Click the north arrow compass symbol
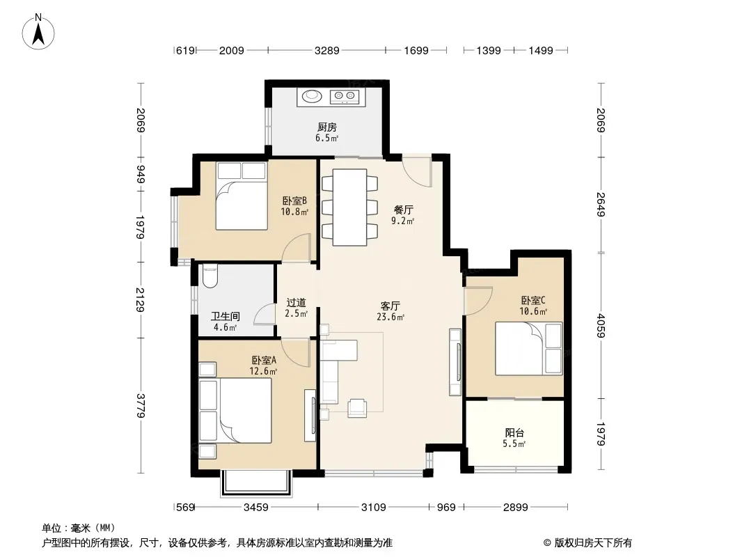point(38,32)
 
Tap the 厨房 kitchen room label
point(327,127)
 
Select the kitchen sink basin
point(312,96)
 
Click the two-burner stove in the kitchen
point(345,97)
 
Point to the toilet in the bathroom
point(210,276)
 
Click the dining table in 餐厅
point(349,207)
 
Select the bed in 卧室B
point(242,196)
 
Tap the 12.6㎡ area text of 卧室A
point(263,372)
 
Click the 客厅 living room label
point(390,306)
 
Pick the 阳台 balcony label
point(514,432)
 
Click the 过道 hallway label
point(297,302)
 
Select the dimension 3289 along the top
point(327,50)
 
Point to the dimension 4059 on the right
point(601,326)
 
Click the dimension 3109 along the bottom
point(373,508)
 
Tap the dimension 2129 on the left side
point(140,299)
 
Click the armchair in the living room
point(357,408)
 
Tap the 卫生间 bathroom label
point(226,316)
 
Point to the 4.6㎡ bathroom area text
point(225,327)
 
